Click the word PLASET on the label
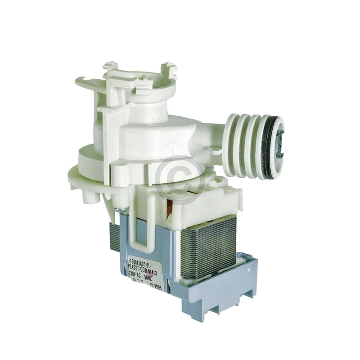[x=133, y=265]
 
